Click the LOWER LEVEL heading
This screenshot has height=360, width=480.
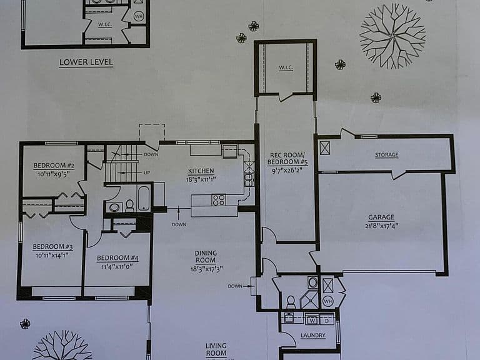tap(86, 62)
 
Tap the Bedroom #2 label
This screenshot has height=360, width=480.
tap(54, 166)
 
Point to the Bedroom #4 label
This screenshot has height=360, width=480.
tap(117, 258)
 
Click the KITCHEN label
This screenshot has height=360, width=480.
tap(201, 171)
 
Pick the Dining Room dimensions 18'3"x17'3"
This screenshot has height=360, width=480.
tap(206, 269)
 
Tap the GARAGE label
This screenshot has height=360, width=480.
tap(381, 217)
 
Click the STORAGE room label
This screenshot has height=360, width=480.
tap(387, 154)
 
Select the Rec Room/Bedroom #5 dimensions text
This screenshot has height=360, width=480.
tap(287, 170)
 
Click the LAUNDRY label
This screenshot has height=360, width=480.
tap(313, 336)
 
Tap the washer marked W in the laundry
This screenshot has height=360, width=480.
tap(312, 320)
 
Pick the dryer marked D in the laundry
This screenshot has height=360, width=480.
tap(326, 321)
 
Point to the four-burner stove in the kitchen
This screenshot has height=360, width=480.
tap(219, 200)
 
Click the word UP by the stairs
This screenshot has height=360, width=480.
tap(147, 172)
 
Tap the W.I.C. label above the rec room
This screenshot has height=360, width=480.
tap(286, 67)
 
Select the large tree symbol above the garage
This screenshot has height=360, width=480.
tap(392, 36)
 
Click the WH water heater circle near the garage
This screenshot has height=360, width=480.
tap(327, 301)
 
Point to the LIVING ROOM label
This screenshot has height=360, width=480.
tap(216, 349)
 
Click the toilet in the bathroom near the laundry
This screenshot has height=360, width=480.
tap(291, 302)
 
